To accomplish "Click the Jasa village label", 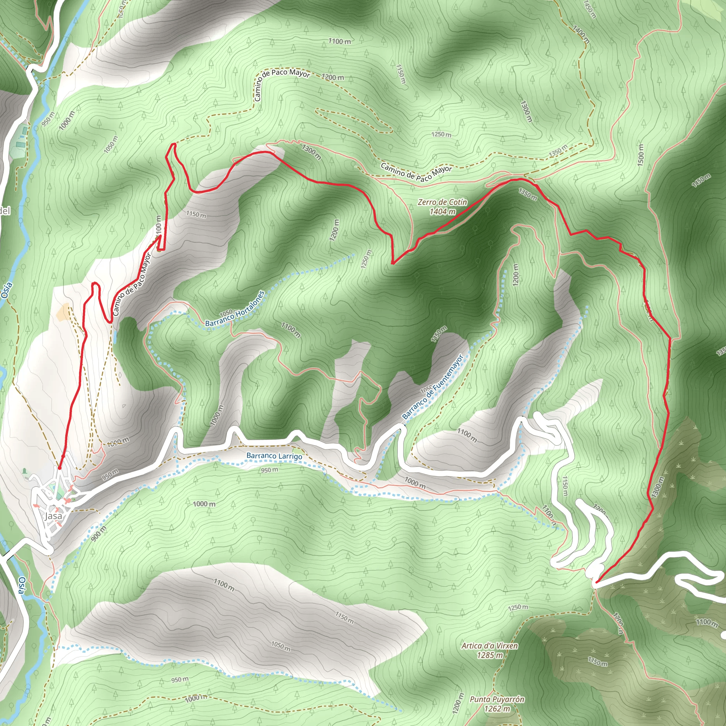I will [x=54, y=516].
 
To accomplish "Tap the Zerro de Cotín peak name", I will [x=442, y=202].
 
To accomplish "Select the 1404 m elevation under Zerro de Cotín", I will [x=442, y=212].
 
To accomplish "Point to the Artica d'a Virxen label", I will [x=490, y=646].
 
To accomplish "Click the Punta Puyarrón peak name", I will [x=497, y=699].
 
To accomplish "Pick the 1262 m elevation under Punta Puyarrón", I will [x=497, y=709].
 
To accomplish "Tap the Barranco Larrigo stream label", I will [x=274, y=456].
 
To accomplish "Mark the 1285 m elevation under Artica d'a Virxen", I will [x=490, y=655].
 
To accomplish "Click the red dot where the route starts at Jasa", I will [x=59, y=468].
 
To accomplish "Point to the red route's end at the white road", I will [x=596, y=582].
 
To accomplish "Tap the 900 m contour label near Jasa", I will [x=99, y=534].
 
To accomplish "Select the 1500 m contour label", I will [x=640, y=155].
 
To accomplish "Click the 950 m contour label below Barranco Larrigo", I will [x=270, y=470].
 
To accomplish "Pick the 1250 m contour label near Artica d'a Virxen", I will [x=518, y=607].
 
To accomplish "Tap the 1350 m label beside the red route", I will [x=528, y=194].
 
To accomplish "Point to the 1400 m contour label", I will [x=581, y=34].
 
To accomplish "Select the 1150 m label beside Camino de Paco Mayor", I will [x=196, y=214].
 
